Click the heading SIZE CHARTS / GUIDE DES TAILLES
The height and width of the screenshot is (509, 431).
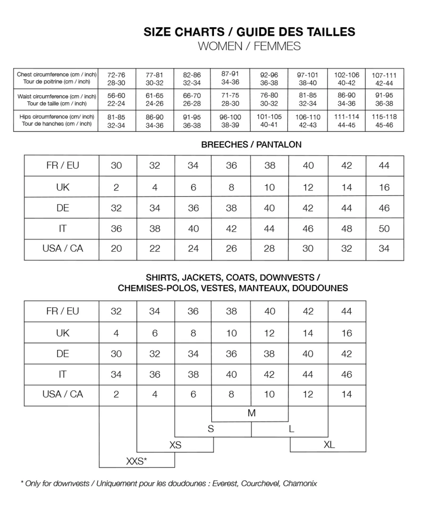(249, 32)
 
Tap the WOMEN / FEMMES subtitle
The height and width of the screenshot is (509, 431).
(249, 46)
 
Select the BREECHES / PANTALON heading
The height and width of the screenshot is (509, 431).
(251, 145)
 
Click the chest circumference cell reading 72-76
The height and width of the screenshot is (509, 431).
(116, 78)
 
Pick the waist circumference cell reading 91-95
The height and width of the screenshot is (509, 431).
(384, 99)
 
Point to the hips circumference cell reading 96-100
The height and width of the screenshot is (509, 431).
(231, 121)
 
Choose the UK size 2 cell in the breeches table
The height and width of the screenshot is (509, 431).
(116, 187)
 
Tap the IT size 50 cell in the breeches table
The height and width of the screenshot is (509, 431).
(384, 229)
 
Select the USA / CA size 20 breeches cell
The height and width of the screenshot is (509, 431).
(116, 249)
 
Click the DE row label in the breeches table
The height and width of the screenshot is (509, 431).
(63, 208)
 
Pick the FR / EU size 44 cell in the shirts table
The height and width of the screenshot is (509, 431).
(347, 312)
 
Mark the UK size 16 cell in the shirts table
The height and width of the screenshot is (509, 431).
(347, 333)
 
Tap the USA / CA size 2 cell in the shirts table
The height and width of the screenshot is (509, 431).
(116, 394)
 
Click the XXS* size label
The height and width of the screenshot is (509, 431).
(137, 461)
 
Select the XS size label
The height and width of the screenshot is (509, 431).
(175, 445)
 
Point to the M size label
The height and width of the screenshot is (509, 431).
(251, 413)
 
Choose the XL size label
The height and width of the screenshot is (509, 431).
(329, 444)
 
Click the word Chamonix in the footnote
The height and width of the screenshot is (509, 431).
(300, 484)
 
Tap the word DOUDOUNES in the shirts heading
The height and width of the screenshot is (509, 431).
(320, 288)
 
